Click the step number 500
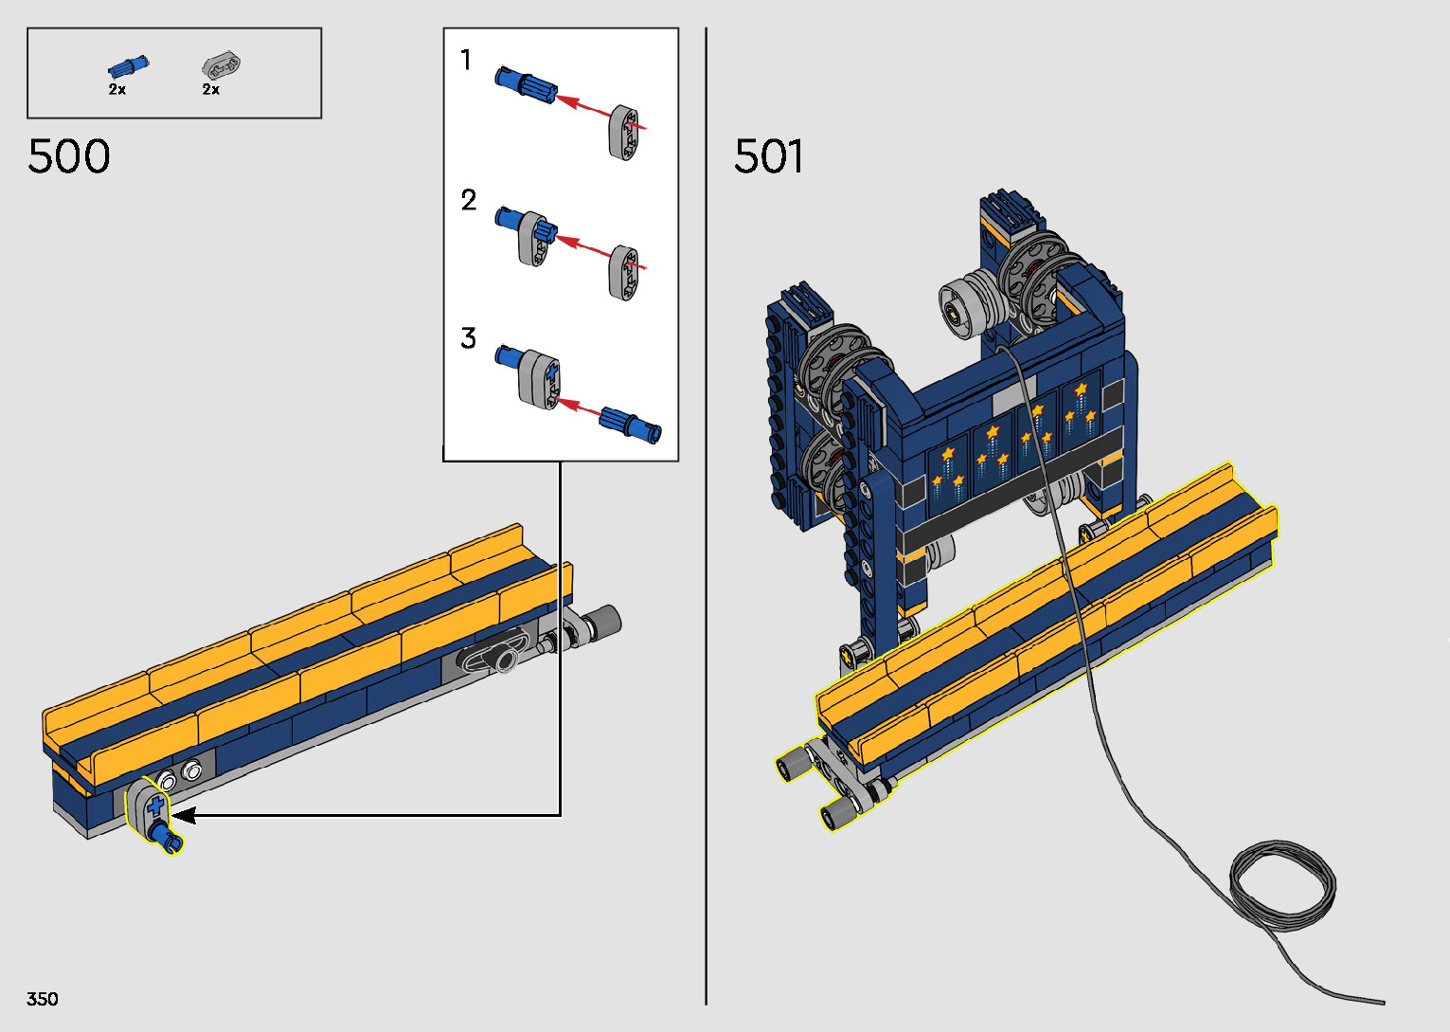(69, 156)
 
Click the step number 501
(769, 156)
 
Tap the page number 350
(43, 999)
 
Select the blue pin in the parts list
(128, 66)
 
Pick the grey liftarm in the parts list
(222, 65)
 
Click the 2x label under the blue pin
(117, 89)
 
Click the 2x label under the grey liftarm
(211, 89)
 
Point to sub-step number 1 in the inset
(466, 61)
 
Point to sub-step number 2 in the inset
(469, 200)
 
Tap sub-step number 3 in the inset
(468, 338)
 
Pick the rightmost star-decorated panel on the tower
(1082, 409)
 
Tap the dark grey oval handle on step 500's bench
(492, 656)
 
